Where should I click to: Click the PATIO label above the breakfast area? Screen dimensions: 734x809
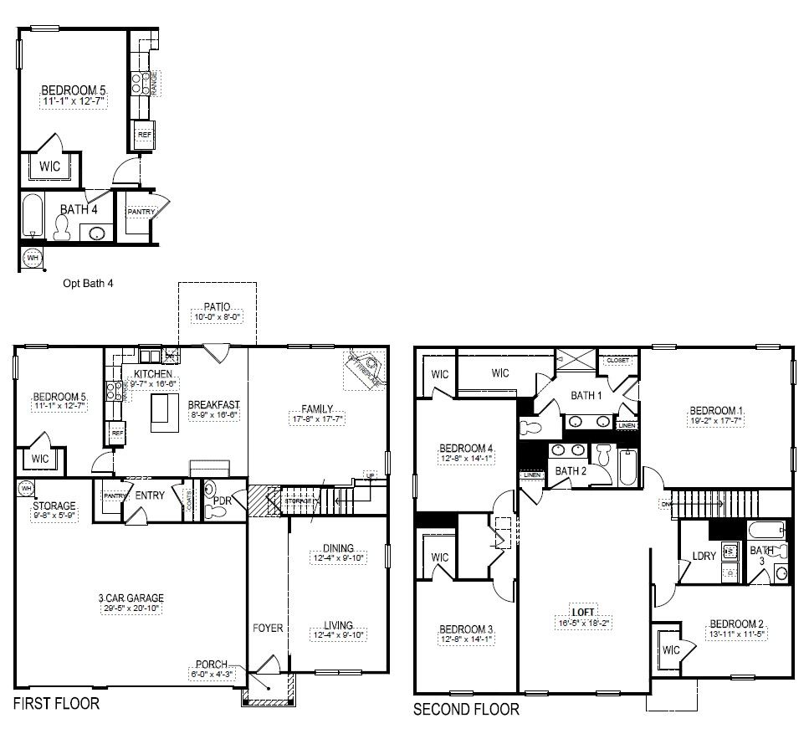[217, 307]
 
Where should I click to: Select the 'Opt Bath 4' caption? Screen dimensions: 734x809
[88, 283]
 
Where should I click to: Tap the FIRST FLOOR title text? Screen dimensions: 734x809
[56, 703]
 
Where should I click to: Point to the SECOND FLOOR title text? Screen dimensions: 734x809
[466, 710]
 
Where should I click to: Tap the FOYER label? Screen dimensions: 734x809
[269, 628]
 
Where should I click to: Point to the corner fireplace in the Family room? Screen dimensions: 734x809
[365, 369]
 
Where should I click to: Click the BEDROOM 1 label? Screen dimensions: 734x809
[715, 410]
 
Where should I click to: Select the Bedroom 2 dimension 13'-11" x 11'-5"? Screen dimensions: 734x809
[738, 634]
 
